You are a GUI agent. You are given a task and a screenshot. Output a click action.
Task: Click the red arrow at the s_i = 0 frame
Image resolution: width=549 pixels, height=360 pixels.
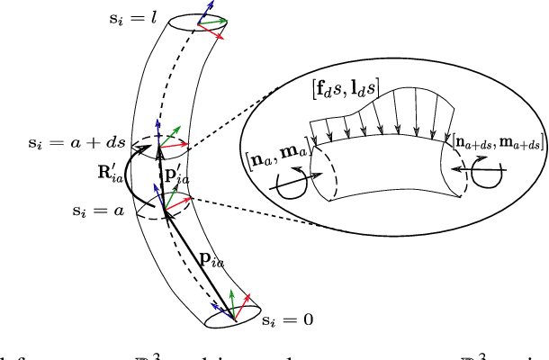pos(254,303)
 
